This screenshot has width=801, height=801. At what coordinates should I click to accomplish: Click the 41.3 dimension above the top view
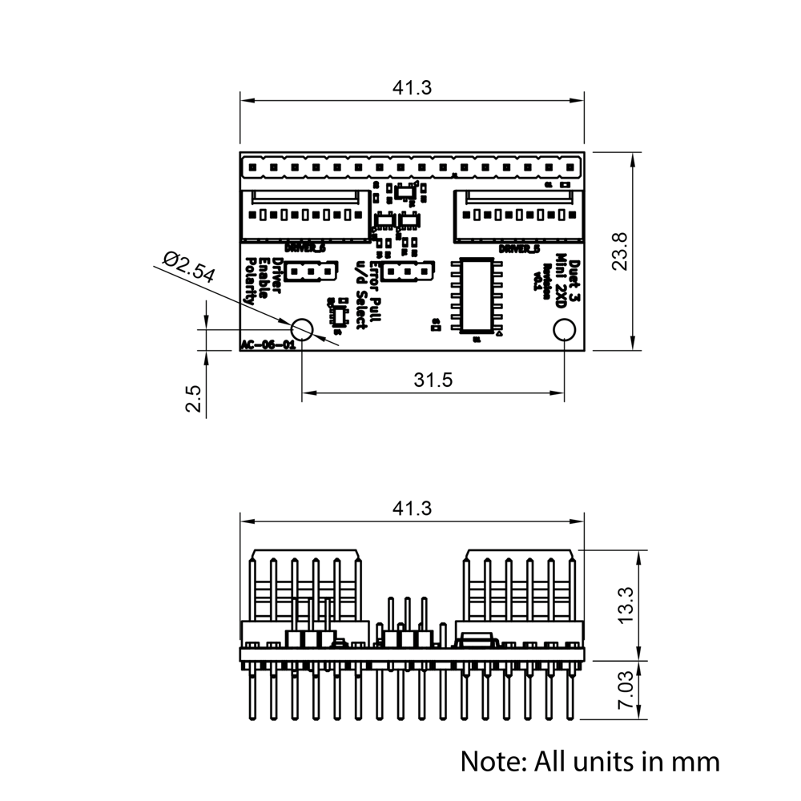412,88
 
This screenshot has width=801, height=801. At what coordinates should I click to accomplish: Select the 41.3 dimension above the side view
412,508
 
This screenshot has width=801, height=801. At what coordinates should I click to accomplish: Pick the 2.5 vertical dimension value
193,398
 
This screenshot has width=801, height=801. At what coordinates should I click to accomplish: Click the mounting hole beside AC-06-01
302,328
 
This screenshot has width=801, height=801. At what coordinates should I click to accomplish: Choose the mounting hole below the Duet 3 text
564,329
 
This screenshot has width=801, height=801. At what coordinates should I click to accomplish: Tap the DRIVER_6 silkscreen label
305,248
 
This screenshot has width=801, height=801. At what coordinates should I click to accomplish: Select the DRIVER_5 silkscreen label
519,248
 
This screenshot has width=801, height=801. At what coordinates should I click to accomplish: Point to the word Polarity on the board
250,281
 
